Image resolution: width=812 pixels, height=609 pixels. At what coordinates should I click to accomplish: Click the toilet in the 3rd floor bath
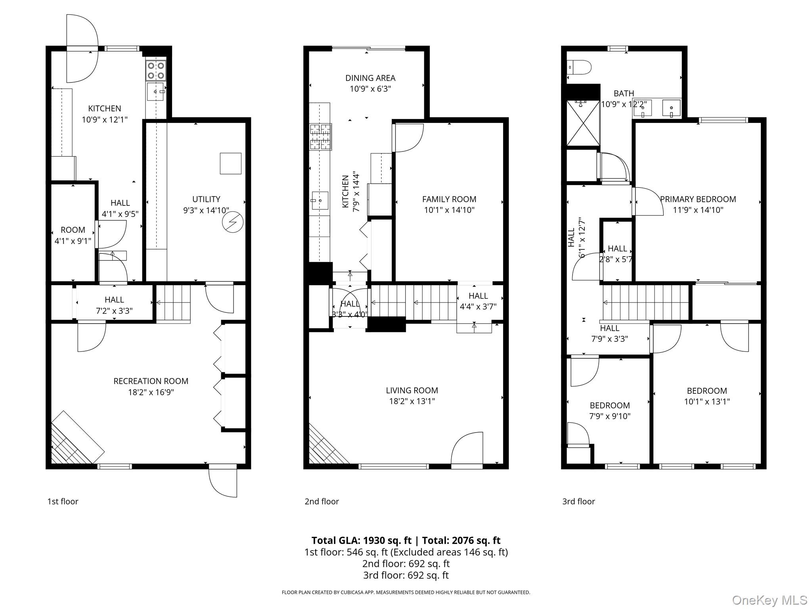(x=579, y=67)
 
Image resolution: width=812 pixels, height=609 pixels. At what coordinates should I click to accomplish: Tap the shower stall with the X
(x=583, y=123)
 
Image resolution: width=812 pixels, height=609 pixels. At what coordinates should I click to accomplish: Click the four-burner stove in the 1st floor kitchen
(x=155, y=71)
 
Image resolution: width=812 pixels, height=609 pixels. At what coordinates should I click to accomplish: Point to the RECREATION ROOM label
(x=151, y=381)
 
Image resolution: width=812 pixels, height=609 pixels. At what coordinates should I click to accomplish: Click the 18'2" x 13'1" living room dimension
(x=412, y=401)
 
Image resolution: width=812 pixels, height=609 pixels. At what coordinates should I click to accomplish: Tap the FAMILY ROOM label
(x=449, y=199)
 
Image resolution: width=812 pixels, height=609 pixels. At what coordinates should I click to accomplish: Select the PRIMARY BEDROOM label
(x=698, y=199)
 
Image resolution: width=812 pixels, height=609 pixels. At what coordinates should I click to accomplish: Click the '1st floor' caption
(x=63, y=502)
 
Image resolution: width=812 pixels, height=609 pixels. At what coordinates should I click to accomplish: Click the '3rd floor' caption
(x=578, y=502)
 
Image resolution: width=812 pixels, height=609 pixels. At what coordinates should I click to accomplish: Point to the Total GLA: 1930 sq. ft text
(x=361, y=540)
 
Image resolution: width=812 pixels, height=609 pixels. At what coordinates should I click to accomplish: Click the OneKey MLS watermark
(x=769, y=600)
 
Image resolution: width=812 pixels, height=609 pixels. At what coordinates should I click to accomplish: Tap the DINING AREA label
(x=370, y=78)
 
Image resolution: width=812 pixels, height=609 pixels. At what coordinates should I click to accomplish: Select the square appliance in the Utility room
(x=230, y=163)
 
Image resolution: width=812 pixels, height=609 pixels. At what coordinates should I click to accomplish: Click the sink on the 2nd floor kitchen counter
(x=319, y=200)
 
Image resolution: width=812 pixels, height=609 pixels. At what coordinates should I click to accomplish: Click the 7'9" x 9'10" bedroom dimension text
(x=609, y=416)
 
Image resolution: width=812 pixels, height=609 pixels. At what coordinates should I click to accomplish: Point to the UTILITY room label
(x=206, y=199)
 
